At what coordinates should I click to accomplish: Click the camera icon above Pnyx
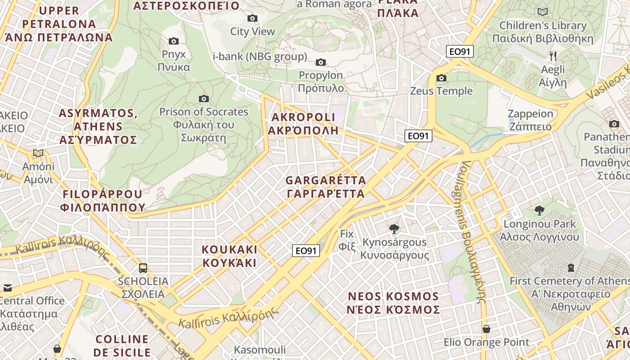coord(174,41)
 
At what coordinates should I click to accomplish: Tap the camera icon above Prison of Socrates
coord(204,99)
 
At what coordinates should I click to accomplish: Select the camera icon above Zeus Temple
coord(441,78)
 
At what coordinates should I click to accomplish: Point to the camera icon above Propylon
coord(321,62)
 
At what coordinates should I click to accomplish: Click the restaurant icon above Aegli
coord(553,56)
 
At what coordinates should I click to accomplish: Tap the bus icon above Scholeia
coord(143,268)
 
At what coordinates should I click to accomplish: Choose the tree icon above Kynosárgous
coord(394,229)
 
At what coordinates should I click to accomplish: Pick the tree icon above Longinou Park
coord(539,211)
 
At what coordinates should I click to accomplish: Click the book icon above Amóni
coord(38,153)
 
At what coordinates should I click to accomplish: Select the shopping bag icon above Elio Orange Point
coord(486,329)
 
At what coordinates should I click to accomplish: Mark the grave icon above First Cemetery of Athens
coord(571,268)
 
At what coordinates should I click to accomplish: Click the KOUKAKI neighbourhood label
coord(229,256)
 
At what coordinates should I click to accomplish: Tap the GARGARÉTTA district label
coord(326,187)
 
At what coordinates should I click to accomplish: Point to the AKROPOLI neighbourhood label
coord(303,124)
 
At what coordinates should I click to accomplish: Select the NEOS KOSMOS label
coord(394,303)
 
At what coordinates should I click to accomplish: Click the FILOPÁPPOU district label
coord(103,201)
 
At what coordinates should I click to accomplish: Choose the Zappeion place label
coord(530,120)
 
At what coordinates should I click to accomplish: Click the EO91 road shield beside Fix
coord(306,251)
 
